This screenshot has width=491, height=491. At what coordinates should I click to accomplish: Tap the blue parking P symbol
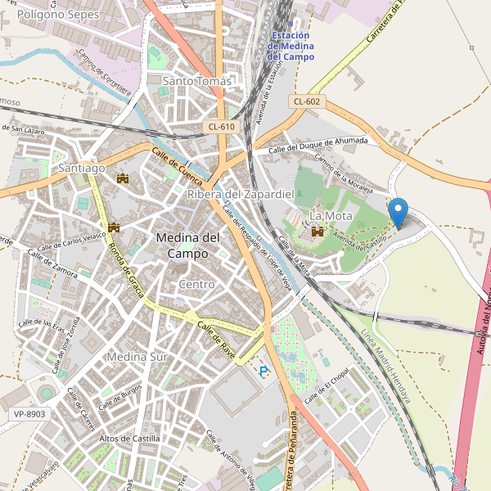pos(264,372)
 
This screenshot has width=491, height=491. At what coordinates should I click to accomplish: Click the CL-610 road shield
pos(221,126)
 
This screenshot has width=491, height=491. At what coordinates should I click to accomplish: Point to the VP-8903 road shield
pos(29,414)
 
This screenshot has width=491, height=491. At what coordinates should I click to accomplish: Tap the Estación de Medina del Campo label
pos(291,46)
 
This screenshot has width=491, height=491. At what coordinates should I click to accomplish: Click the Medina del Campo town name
pos(187,245)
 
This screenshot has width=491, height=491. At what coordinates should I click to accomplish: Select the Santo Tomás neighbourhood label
pos(197,81)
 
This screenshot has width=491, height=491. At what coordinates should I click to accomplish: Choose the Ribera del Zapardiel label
pos(241,194)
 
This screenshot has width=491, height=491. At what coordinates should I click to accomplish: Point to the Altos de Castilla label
pos(129,439)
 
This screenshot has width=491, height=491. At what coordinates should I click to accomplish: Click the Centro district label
pos(196,284)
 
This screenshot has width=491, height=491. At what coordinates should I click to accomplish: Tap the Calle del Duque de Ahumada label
pos(318,144)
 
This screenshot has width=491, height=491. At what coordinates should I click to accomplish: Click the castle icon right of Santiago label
pos(124,178)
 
